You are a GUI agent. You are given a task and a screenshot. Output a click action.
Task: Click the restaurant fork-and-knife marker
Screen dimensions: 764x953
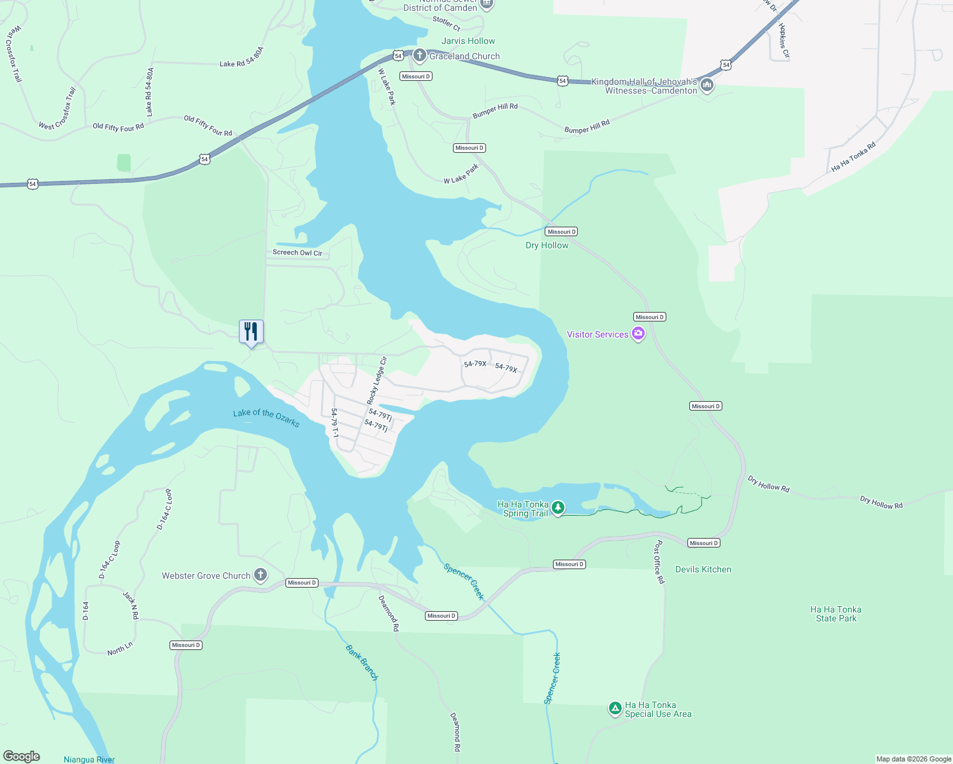[251, 332]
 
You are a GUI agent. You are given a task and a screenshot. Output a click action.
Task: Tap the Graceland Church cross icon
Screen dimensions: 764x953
[419, 55]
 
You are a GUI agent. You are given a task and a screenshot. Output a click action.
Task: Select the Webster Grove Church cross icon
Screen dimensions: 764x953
[260, 576]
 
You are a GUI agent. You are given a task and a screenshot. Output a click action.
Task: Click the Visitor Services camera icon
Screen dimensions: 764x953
[638, 334]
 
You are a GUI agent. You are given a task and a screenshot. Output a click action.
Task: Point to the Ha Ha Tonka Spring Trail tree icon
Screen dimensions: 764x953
[558, 508]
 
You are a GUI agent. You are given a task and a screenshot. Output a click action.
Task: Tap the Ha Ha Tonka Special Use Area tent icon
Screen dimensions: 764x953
[615, 708]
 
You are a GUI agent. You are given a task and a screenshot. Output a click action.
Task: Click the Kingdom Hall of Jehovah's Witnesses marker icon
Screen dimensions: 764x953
[706, 85]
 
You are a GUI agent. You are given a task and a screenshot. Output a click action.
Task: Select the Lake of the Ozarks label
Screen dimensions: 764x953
[266, 418]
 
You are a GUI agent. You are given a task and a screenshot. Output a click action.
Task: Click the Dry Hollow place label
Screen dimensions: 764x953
[547, 245]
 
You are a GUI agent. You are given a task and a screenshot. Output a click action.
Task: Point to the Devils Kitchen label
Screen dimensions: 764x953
[703, 569]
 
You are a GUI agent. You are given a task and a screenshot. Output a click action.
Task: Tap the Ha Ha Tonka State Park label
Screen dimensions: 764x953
[836, 614]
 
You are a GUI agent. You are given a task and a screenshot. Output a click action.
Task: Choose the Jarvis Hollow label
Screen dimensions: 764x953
[468, 41]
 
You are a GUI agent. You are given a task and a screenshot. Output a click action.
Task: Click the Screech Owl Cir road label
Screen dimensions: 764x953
[297, 253]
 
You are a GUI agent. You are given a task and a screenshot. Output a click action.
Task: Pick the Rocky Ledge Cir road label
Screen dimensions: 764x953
[377, 381]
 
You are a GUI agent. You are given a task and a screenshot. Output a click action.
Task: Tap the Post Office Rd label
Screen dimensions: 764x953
[659, 562]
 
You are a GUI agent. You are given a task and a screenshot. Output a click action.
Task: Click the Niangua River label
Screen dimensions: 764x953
[89, 759]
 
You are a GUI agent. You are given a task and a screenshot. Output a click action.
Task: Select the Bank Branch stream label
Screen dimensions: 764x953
[362, 663]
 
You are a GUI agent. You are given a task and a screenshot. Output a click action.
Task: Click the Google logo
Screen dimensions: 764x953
[22, 756]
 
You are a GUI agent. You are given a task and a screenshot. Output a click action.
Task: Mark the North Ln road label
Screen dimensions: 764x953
[120, 649]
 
